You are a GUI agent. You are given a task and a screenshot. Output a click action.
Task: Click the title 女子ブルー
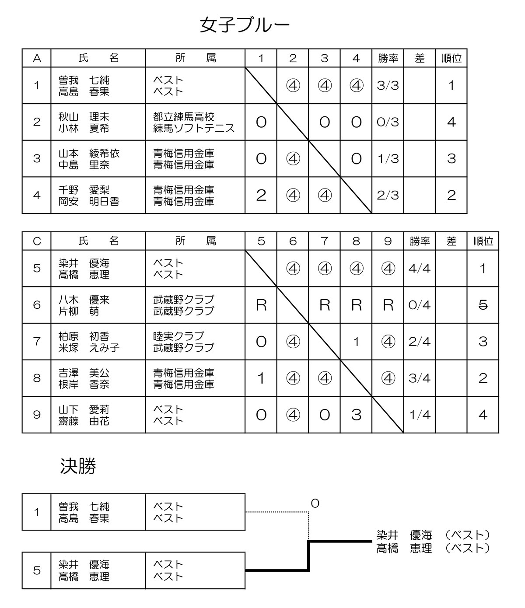pos(245,25)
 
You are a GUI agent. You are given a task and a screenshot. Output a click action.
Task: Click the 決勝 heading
pos(78,467)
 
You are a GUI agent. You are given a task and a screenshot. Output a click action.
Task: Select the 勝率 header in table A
pos(388,58)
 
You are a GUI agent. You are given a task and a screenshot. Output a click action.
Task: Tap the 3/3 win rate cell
pos(388,85)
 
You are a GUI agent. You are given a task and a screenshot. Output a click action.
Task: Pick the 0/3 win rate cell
pos(388,122)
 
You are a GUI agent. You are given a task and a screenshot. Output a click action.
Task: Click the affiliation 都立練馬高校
pos(184,117)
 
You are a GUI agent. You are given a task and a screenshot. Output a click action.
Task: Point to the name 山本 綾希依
pos(89,154)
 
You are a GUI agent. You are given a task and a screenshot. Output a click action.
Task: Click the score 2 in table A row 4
pos(261,195)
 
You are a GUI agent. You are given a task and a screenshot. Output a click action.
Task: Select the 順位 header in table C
pos(483,241)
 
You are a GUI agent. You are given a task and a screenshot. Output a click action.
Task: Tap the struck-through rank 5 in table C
pos(483,305)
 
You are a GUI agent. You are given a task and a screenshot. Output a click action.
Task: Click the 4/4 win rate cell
pos(420,268)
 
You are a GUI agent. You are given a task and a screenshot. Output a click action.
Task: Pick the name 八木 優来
pos(84,300)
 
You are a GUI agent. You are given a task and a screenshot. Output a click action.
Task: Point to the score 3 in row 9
pos(356,415)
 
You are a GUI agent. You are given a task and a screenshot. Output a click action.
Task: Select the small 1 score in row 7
pos(356,342)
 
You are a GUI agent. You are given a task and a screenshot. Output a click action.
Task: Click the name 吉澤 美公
pos(84,373)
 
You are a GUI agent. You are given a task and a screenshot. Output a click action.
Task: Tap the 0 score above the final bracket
pos(315,504)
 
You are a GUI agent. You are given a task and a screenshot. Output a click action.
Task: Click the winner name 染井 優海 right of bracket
pos(404,535)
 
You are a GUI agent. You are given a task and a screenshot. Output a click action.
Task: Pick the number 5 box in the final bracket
pos(37,570)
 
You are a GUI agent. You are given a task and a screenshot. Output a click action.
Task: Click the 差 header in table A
pos(420,58)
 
